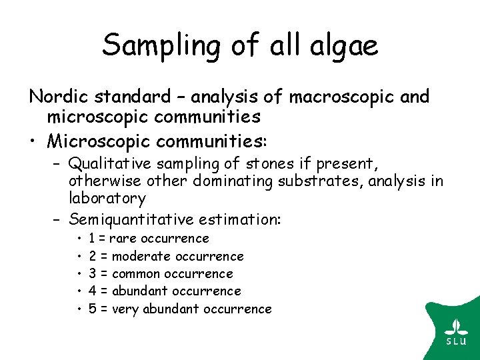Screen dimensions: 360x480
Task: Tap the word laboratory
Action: [x=107, y=199]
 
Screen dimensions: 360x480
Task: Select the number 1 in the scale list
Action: [x=91, y=239]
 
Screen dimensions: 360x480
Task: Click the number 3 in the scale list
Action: [x=92, y=274]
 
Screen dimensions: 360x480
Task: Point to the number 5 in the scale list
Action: [x=92, y=309]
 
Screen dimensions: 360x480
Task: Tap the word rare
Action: [x=122, y=239]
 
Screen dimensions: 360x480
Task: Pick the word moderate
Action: [x=140, y=257]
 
